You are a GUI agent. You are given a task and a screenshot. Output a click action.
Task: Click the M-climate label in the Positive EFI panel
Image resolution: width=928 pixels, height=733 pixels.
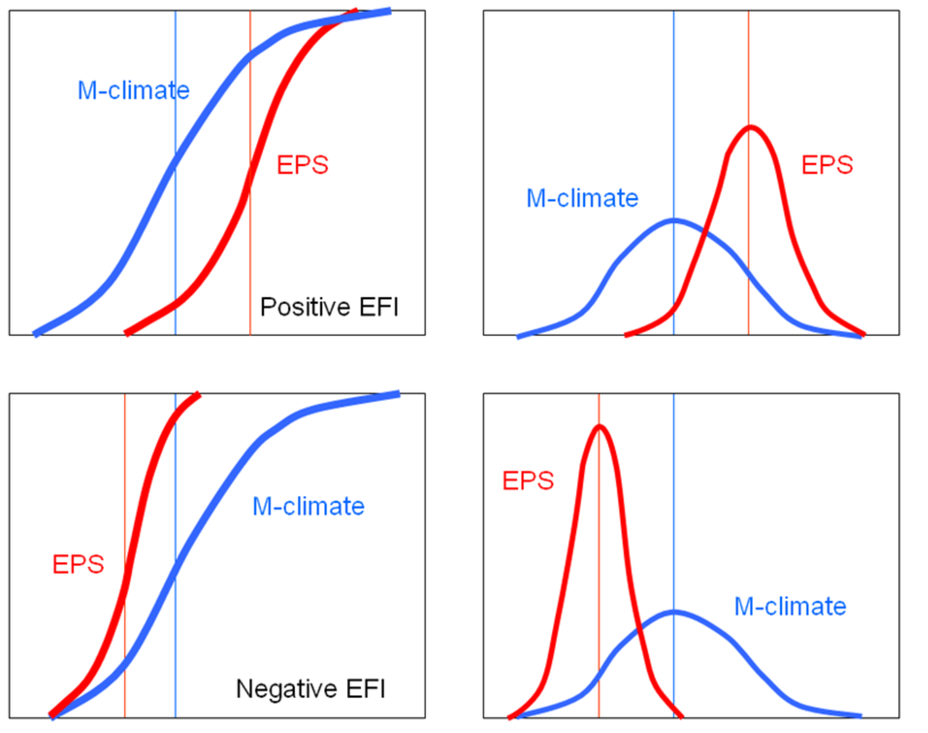pyautogui.click(x=133, y=90)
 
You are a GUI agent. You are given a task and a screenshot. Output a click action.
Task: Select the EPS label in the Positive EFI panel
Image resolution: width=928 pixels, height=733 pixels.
pyautogui.click(x=302, y=165)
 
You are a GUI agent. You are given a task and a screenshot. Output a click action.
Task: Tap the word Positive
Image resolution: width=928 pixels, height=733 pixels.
pyautogui.click(x=297, y=308)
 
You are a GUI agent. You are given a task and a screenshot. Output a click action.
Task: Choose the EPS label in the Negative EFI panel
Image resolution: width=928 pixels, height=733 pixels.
pyautogui.click(x=78, y=564)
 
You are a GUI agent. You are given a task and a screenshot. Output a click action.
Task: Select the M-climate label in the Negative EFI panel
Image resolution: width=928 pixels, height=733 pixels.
pyautogui.click(x=308, y=507)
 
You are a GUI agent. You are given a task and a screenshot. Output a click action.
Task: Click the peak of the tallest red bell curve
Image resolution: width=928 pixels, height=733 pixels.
pyautogui.click(x=600, y=426)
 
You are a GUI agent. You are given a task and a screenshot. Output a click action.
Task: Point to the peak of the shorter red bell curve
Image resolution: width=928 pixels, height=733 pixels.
pyautogui.click(x=750, y=127)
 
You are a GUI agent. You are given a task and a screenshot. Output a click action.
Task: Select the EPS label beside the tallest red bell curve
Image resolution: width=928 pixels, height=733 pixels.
pyautogui.click(x=528, y=481)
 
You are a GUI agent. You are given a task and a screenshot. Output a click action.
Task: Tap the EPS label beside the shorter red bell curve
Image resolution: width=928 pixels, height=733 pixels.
pyautogui.click(x=827, y=165)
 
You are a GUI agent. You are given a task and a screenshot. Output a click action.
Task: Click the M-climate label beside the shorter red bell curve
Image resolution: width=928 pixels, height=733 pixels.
pyautogui.click(x=582, y=198)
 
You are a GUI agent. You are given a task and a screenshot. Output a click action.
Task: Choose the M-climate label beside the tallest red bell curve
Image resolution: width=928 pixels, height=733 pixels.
pyautogui.click(x=789, y=606)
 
